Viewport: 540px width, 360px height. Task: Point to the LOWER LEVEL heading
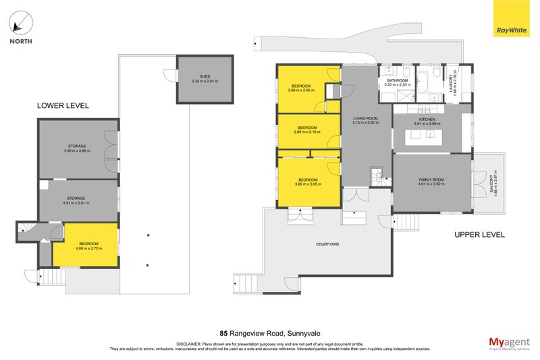point(62,106)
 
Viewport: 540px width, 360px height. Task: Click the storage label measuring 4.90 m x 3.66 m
point(78,149)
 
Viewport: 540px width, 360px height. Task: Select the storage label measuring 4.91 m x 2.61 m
point(78,201)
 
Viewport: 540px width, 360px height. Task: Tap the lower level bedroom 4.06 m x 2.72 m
point(88,246)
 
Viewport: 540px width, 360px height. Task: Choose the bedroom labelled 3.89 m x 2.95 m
point(300,88)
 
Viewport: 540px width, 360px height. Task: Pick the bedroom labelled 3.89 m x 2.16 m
point(307,130)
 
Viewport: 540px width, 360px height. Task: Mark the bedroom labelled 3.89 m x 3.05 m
point(307,182)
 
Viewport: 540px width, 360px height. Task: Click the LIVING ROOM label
point(365,122)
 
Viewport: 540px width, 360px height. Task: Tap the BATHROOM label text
point(397,82)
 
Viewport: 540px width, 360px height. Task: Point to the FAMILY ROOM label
point(431,181)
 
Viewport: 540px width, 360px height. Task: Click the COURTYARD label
point(326,244)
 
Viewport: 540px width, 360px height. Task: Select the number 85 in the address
point(223,333)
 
